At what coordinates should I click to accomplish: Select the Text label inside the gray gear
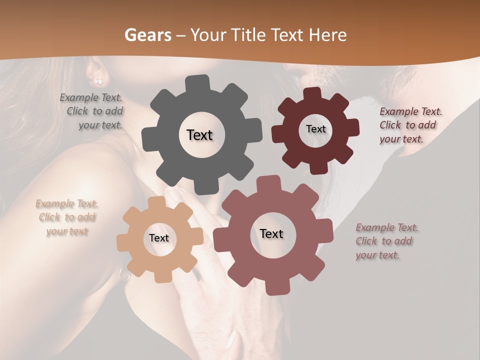199,135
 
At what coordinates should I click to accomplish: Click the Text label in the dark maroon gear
315,129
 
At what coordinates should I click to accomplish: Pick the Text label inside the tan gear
158,238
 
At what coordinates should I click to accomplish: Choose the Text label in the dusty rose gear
271,233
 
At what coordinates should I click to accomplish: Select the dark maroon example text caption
410,125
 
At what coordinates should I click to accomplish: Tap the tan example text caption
67,217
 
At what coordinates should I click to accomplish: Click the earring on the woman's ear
98,80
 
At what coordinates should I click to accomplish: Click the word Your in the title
209,35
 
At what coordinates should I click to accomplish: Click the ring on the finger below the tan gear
123,274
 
